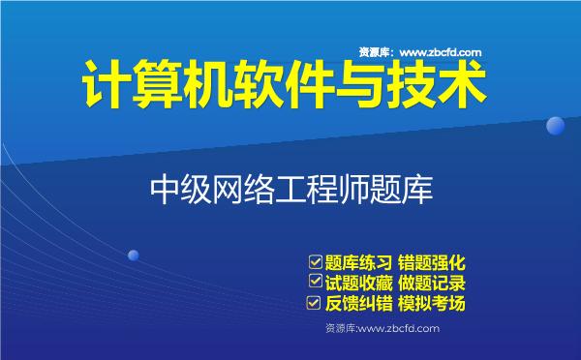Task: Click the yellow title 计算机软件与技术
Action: point(281,86)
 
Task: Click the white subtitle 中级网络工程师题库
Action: point(290,187)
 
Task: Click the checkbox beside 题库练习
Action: point(314,260)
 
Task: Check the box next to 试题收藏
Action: point(314,282)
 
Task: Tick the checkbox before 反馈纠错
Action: point(314,303)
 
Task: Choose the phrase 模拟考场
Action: point(433,304)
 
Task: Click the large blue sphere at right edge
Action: point(556,125)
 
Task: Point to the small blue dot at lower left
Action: point(133,255)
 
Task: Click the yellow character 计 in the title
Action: point(102,86)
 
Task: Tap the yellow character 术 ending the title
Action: point(462,86)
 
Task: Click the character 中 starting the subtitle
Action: point(166,187)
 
